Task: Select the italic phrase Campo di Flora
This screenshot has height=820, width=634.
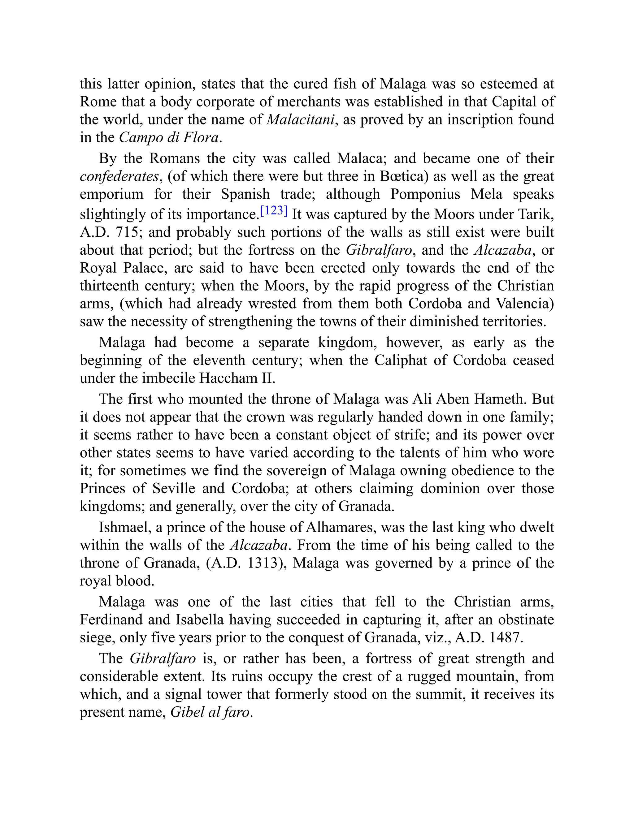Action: [169, 138]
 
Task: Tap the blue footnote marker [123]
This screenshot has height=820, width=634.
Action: [274, 211]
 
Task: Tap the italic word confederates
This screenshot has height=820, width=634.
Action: [119, 176]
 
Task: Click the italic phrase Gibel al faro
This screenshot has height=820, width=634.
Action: [210, 712]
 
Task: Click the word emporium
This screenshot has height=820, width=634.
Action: [111, 194]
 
